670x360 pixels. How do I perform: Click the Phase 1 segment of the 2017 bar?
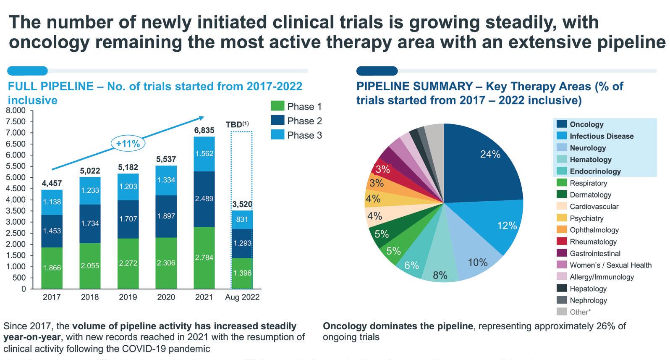52,268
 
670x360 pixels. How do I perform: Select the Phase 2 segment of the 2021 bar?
204,199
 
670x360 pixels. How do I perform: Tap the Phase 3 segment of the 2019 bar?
128,187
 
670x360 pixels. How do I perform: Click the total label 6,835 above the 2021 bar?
204,131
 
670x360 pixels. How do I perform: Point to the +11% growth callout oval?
128,144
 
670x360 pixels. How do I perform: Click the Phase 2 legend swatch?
277,121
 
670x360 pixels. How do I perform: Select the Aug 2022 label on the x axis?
242,297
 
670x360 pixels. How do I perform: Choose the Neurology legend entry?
587,148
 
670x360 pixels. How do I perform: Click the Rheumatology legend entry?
593,242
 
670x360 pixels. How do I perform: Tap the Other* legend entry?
579,312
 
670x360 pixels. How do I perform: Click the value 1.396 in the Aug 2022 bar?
242,273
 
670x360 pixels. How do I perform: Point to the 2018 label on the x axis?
90,297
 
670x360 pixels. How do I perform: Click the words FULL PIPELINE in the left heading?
50,87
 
